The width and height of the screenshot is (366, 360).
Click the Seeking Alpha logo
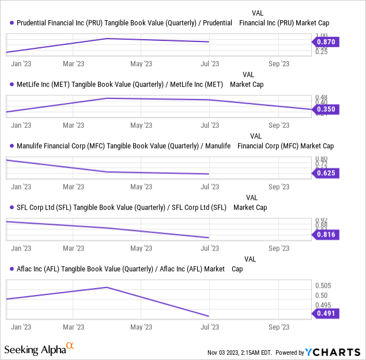(x=39, y=349)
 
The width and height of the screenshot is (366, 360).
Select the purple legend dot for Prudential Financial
(x=12, y=22)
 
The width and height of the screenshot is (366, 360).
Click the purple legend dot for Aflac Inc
(x=12, y=269)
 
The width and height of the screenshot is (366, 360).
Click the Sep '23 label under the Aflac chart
(x=279, y=327)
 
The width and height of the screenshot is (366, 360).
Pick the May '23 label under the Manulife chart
(x=141, y=187)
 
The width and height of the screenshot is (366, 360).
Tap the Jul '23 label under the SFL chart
(x=209, y=248)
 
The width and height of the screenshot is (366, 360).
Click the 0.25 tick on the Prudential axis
(x=320, y=52)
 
